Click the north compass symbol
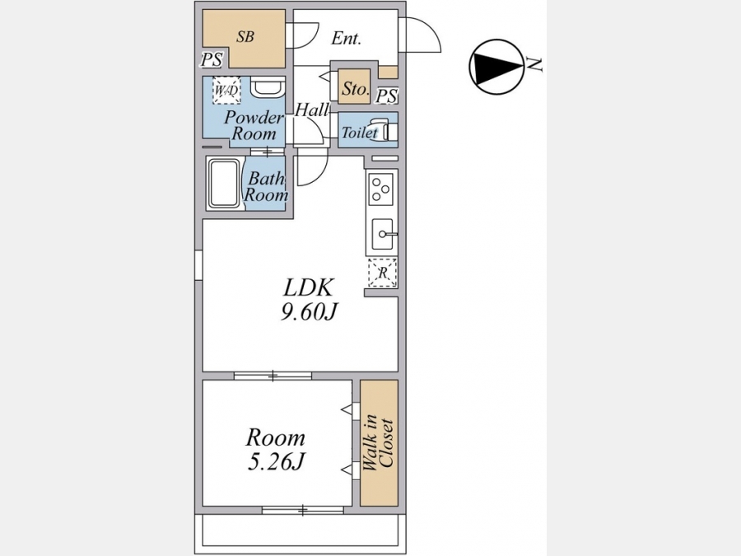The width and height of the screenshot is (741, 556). pos(496,68)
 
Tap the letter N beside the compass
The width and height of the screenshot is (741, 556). pos(535,64)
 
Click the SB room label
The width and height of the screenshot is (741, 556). pos(245,36)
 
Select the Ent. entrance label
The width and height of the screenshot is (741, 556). pos(346,38)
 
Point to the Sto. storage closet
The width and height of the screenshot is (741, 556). pos(354,87)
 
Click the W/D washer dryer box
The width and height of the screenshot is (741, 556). pos(226,90)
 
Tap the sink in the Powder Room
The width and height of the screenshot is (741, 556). pos(268,86)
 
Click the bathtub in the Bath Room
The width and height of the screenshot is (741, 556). pos(224,184)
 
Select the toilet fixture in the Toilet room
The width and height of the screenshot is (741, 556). pos(384,129)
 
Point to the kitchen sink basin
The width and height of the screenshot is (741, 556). pos(382,234)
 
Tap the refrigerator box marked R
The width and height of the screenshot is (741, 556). pos(382,273)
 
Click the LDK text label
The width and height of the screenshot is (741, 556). pos(309,288)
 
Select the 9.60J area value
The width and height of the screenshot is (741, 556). pos(309,311)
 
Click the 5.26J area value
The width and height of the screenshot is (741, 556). pos(276,461)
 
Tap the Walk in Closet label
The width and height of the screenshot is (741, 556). pos(379,443)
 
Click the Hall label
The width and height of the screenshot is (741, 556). pos(312,110)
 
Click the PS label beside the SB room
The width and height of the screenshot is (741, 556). pos(212,59)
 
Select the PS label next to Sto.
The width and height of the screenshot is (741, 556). pos(387,96)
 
